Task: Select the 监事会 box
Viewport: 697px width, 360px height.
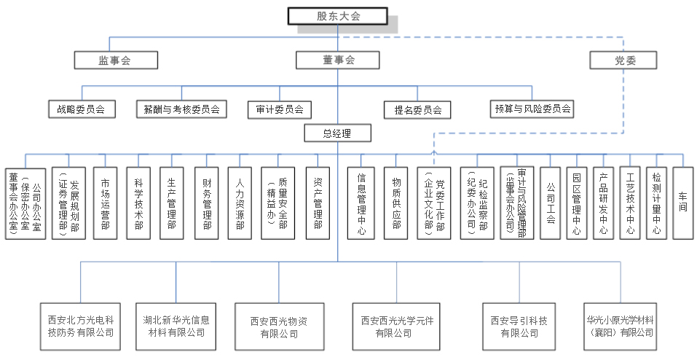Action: pyautogui.click(x=115, y=60)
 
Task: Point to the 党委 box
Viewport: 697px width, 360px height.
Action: pyautogui.click(x=624, y=60)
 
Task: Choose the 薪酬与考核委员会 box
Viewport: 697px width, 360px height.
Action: pyautogui.click(x=181, y=110)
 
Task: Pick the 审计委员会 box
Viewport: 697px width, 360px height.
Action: pyautogui.click(x=279, y=110)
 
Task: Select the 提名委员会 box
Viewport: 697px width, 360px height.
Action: pyautogui.click(x=417, y=110)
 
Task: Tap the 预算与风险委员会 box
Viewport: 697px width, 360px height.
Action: pyautogui.click(x=532, y=110)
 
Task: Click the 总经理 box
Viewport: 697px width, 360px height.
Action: pyautogui.click(x=337, y=133)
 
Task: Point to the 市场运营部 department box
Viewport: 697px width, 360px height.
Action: pyautogui.click(x=105, y=203)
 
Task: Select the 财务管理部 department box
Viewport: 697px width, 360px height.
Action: pyautogui.click(x=206, y=203)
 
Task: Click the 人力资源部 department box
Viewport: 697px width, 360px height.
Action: pyautogui.click(x=240, y=203)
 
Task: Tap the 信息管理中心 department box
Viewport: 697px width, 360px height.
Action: pyautogui.click(x=362, y=203)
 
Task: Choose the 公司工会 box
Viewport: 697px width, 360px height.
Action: pyautogui.click(x=551, y=203)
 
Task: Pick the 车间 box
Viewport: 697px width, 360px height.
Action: pyautogui.click(x=682, y=203)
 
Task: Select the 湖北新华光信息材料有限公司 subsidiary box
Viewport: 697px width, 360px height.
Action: pyautogui.click(x=176, y=326)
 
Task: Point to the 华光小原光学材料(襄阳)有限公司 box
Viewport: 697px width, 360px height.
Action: pyautogui.click(x=620, y=326)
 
